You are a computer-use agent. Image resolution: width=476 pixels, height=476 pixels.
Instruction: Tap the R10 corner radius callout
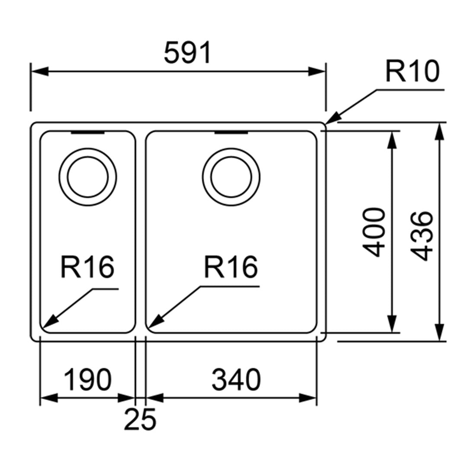tap(412, 71)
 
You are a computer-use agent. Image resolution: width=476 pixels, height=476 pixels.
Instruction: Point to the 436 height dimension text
tap(422, 236)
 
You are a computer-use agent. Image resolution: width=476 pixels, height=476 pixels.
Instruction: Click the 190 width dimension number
tap(87, 380)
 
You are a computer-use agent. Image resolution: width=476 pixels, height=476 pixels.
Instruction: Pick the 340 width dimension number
tap(236, 380)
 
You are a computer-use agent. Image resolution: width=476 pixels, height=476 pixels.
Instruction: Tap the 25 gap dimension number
tap(140, 419)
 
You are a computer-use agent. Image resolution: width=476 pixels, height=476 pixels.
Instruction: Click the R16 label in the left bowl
tap(87, 267)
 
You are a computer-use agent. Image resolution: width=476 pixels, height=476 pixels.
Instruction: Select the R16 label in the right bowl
tap(231, 267)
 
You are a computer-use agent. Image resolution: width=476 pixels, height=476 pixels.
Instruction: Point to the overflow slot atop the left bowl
tap(87, 132)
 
